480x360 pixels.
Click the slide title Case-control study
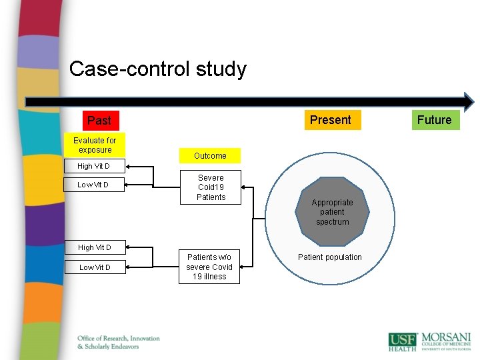pyautogui.click(x=157, y=69)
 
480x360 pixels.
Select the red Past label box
pyautogui.click(x=99, y=121)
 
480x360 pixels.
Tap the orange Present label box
pyautogui.click(x=330, y=120)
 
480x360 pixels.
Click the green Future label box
pyautogui.click(x=434, y=120)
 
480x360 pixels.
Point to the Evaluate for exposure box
pyautogui.click(x=95, y=145)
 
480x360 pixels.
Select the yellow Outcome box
pyautogui.click(x=210, y=156)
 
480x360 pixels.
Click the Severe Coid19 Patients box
pyautogui.click(x=211, y=187)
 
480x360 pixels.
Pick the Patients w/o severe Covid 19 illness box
pyautogui.click(x=209, y=267)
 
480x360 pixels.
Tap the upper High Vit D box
pyautogui.click(x=94, y=166)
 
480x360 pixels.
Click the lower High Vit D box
pyautogui.click(x=94, y=247)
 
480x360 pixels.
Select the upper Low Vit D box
pyautogui.click(x=93, y=185)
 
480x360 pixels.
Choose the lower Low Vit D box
pyautogui.click(x=95, y=267)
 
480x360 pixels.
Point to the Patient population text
pyautogui.click(x=330, y=257)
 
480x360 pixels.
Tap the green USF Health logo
pyautogui.click(x=402, y=341)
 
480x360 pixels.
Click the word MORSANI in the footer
pyautogui.click(x=445, y=338)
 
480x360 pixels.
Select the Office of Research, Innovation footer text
pyautogui.click(x=118, y=339)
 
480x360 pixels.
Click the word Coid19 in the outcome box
pyautogui.click(x=211, y=187)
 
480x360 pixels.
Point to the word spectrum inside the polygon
pyautogui.click(x=332, y=222)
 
